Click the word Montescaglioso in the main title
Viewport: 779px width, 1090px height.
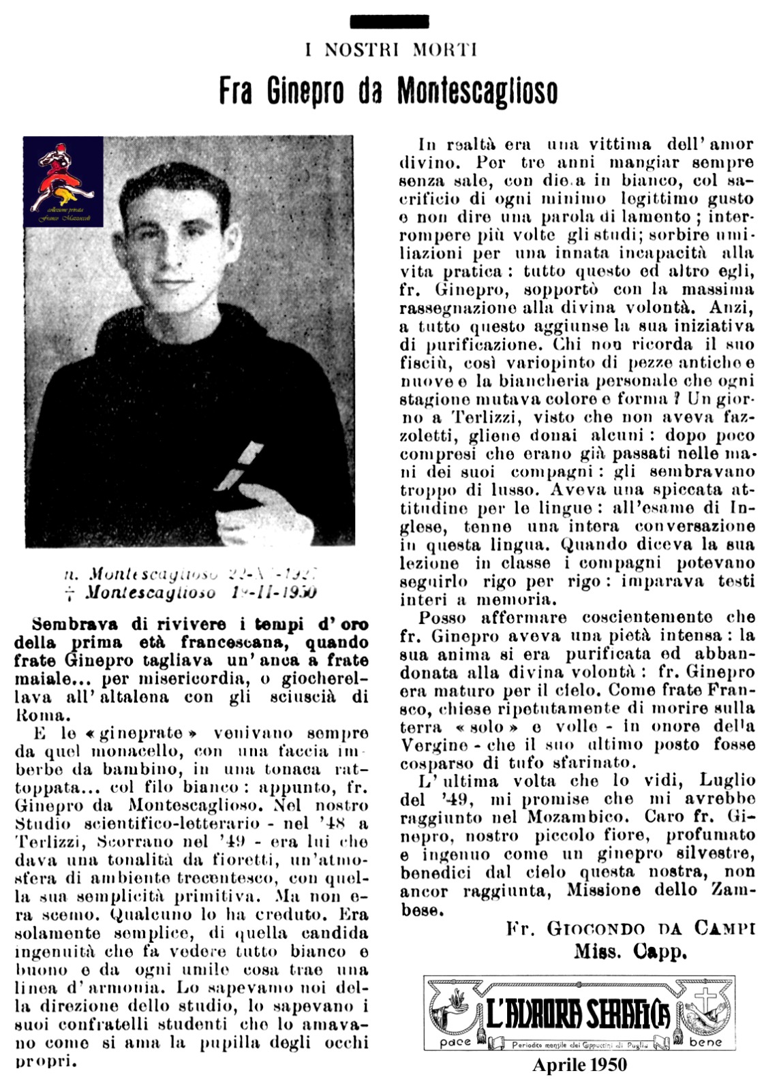(477, 91)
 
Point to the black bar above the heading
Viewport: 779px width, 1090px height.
(389, 21)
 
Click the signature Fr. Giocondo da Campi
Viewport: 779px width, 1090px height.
(630, 929)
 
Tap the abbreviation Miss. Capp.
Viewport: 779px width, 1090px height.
(629, 952)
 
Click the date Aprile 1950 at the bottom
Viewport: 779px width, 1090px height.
(579, 1065)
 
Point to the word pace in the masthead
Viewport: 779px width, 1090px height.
(456, 1043)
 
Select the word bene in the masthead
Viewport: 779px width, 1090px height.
(706, 1043)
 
